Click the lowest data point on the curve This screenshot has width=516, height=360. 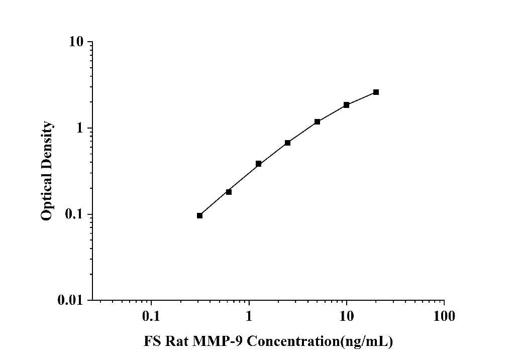199,215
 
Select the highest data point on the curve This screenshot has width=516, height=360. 376,92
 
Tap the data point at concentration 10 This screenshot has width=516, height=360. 346,104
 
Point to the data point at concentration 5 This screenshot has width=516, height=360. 317,122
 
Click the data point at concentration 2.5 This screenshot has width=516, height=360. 287,143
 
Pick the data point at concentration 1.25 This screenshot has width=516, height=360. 258,164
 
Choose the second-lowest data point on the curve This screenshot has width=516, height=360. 229,191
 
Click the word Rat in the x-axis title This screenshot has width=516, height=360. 176,342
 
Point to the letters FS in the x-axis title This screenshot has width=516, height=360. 152,342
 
